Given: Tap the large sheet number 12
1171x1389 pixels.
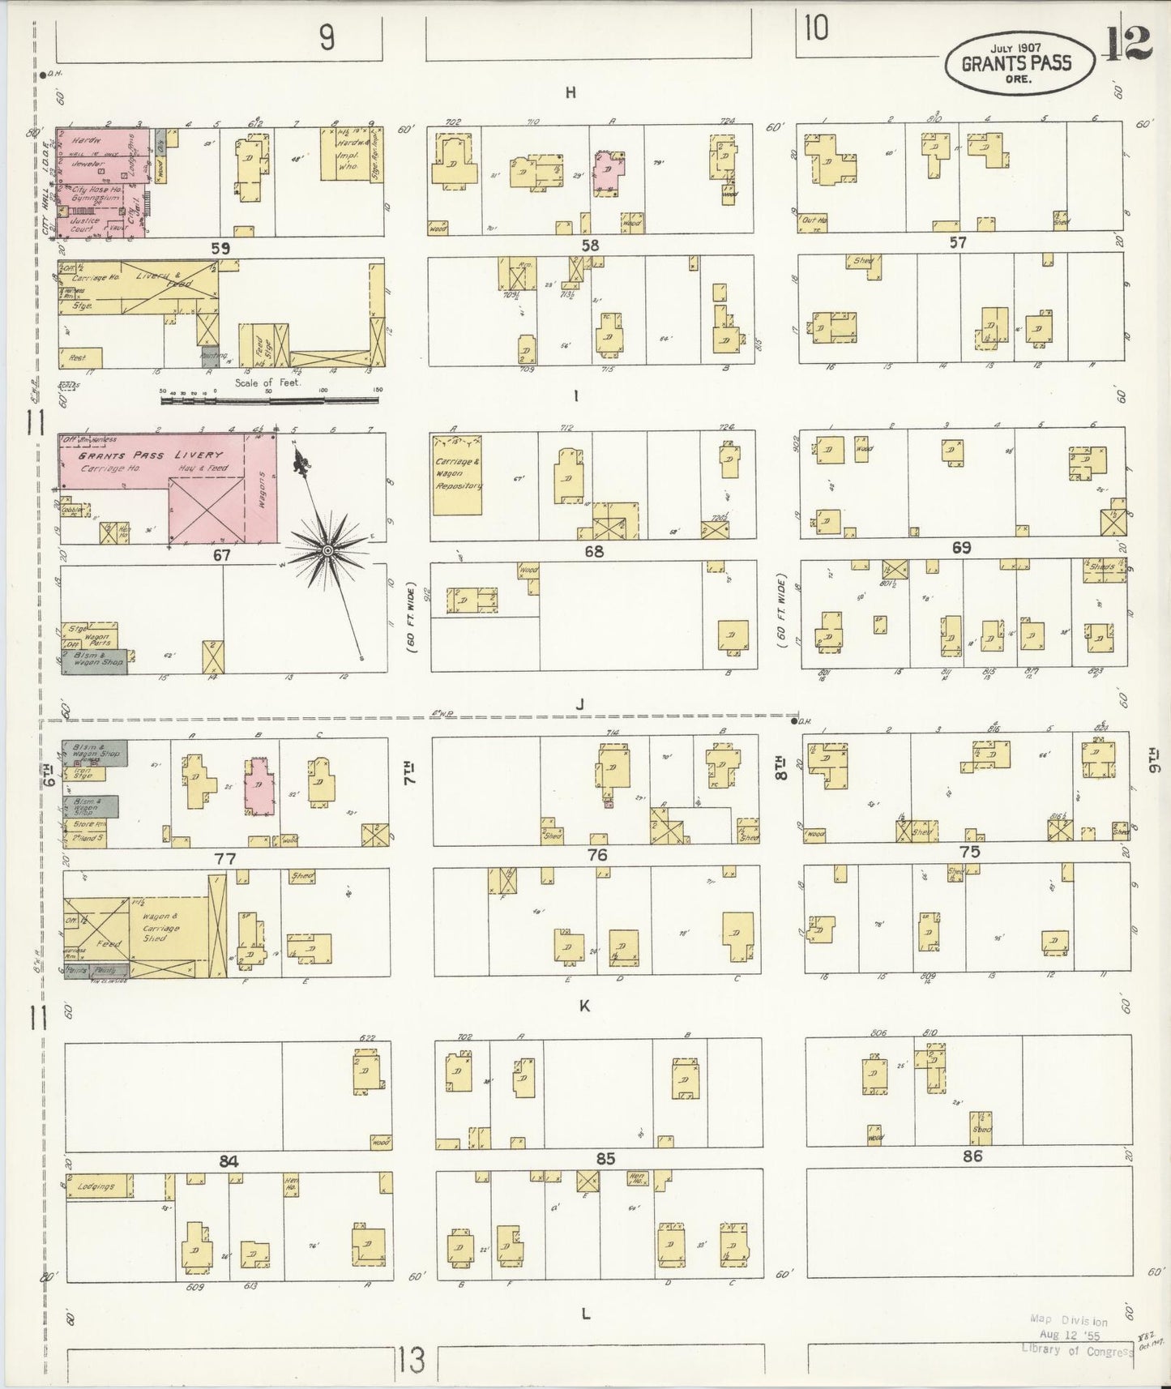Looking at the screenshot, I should [1127, 45].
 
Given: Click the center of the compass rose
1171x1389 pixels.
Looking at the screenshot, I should [327, 550].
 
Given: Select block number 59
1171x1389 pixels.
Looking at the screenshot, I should [220, 248].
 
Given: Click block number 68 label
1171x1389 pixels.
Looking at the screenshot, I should [594, 552].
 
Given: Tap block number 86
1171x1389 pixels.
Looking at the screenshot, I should [972, 1156].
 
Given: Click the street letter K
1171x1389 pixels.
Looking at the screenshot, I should [583, 1006].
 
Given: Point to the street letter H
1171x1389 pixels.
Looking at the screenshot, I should [571, 93].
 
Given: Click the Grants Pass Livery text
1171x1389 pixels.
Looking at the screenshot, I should [149, 455].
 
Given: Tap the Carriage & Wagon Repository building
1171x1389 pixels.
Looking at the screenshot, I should [457, 474].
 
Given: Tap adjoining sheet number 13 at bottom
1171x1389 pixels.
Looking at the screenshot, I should [411, 1360].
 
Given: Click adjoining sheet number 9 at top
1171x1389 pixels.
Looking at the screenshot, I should [327, 37].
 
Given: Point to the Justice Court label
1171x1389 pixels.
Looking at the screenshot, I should [85, 224].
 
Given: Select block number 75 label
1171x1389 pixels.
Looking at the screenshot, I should [969, 852].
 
